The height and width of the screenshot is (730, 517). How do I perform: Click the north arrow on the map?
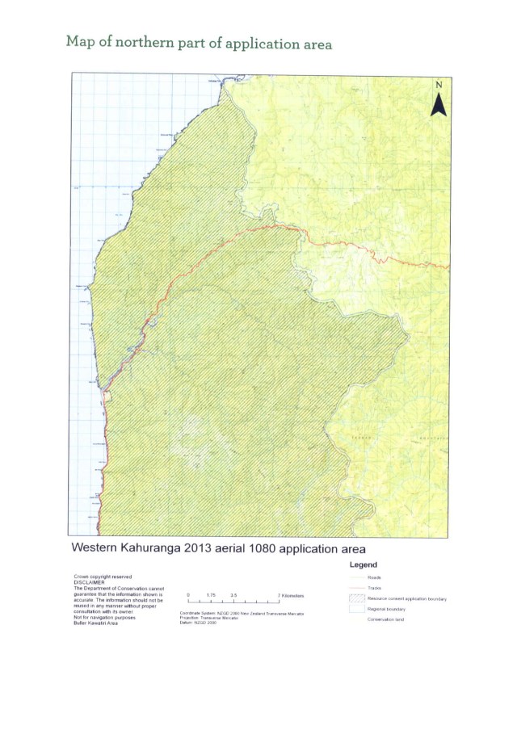(x=439, y=103)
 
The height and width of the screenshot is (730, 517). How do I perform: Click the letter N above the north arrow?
(x=439, y=84)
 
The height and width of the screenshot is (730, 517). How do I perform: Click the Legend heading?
(x=367, y=564)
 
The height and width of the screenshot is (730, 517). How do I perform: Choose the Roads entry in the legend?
(x=374, y=578)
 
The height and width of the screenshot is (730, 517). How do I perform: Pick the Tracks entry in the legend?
(x=375, y=589)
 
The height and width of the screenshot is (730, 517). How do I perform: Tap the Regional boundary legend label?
(x=386, y=609)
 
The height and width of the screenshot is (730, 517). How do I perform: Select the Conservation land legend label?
(x=386, y=619)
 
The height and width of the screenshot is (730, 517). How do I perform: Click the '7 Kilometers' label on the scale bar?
(x=288, y=594)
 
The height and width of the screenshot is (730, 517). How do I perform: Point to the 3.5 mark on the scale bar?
(x=233, y=594)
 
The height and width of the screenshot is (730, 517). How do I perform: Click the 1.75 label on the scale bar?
(x=210, y=594)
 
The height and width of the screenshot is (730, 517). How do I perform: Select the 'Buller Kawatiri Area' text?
(x=97, y=624)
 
